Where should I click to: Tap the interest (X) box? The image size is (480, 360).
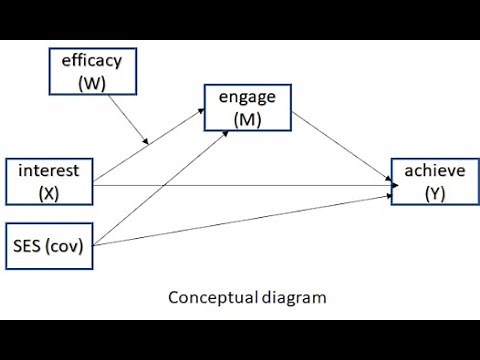pos(49,181)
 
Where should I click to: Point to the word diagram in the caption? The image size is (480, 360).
pos(292,297)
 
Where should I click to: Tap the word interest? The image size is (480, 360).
pos(49,171)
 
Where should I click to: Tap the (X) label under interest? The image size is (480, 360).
pos(49,192)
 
